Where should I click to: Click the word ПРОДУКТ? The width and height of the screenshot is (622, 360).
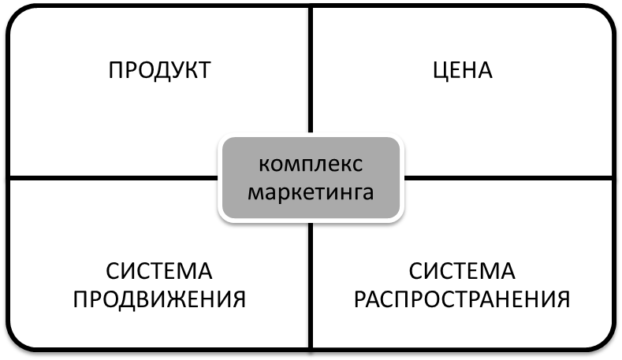159,70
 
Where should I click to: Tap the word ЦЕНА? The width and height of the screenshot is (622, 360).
462,70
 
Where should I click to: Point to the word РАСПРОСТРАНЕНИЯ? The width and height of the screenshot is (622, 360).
462,299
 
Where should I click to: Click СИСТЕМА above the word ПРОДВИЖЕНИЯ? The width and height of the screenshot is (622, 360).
159,273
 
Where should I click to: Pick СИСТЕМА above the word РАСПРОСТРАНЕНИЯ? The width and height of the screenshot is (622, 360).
462,273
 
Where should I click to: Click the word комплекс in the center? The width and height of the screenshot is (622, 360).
311,164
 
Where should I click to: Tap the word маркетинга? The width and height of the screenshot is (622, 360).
311,191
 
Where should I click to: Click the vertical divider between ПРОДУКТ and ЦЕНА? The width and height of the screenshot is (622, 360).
311,71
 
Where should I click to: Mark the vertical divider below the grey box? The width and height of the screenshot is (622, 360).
311,284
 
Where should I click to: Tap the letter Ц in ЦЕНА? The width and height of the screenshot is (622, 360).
439,71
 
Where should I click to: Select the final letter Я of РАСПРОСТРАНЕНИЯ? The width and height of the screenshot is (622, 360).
562,299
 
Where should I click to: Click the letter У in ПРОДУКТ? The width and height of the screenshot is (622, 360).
173,70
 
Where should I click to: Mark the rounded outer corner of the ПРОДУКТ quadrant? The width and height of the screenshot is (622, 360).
17,16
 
